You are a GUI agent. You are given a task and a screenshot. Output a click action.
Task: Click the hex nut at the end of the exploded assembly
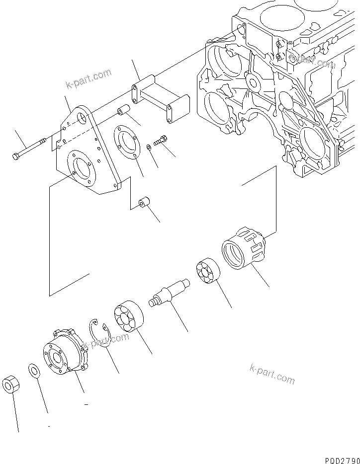tap(11, 385)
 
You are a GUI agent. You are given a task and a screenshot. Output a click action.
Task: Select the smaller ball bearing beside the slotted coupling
tap(205, 271)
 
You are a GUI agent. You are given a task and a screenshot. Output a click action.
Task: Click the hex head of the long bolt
tap(16, 156)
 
